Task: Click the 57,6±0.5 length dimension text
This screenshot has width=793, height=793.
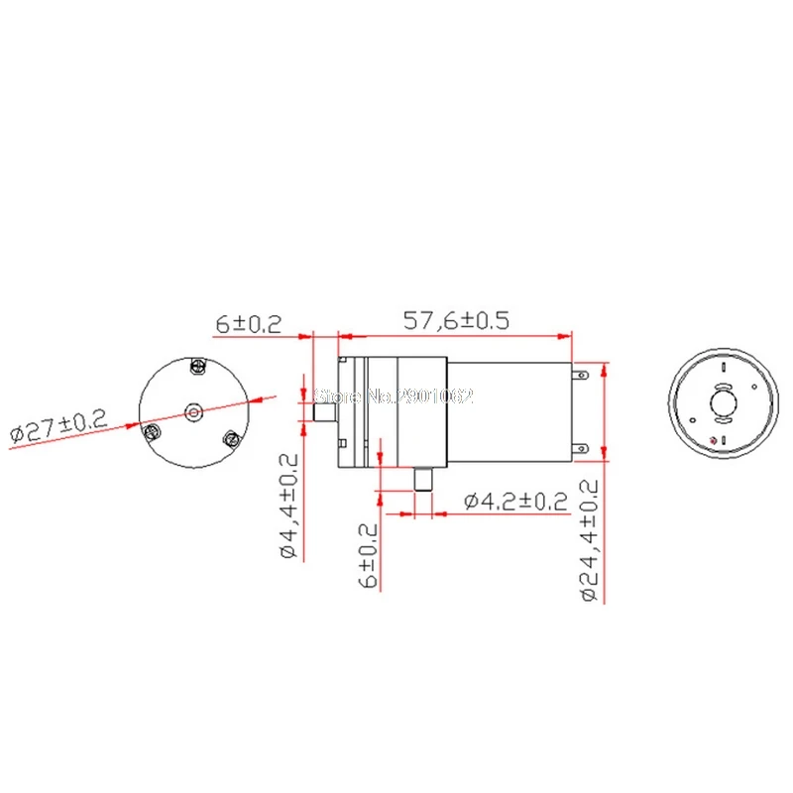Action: click(x=456, y=320)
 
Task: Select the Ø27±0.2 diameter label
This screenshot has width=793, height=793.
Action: click(x=58, y=426)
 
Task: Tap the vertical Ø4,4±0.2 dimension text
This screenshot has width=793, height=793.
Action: click(x=289, y=506)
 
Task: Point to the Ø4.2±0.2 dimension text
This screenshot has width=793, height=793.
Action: click(x=515, y=502)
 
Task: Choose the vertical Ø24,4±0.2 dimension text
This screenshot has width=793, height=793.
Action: click(x=589, y=540)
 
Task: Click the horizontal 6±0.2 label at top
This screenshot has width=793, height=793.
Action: click(x=249, y=324)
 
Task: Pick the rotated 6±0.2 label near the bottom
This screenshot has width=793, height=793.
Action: click(x=368, y=555)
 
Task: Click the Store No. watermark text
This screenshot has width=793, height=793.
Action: click(x=394, y=396)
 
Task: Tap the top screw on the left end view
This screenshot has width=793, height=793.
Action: click(x=198, y=366)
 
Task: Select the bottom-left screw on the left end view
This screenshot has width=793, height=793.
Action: click(x=152, y=432)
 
